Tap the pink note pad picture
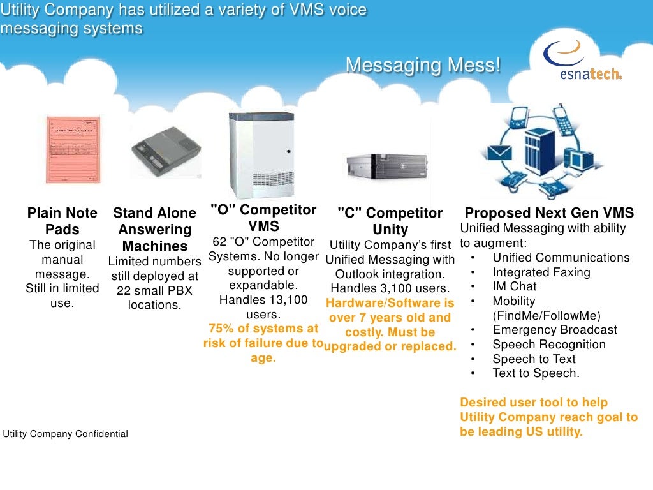tap(73, 149)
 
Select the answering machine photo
tap(166, 152)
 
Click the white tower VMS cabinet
tap(262, 155)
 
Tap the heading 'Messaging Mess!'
tap(423, 65)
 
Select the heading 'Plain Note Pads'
tap(62, 221)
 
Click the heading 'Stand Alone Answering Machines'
tap(154, 229)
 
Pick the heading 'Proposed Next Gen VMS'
tap(549, 213)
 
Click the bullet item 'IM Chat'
tap(515, 286)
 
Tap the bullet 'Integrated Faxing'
tap(541, 272)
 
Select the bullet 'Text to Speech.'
tap(536, 373)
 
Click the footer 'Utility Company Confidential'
tap(66, 434)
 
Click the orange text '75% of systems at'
tap(263, 329)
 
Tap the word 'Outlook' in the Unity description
tap(357, 274)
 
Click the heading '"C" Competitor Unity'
tap(390, 221)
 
